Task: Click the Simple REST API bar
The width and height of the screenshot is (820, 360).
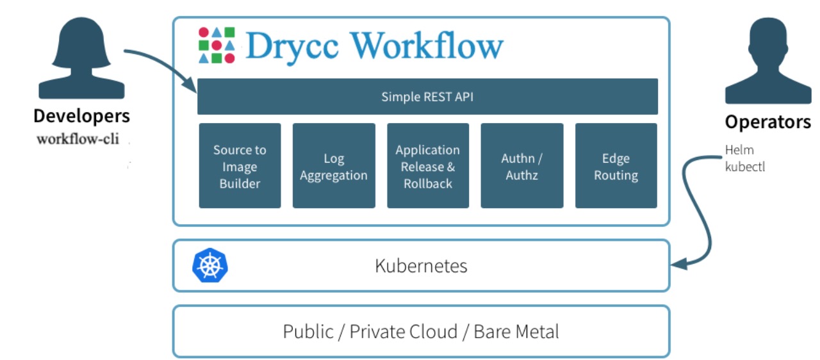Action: pos(427,97)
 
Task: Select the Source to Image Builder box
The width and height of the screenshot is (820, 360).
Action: pos(240,166)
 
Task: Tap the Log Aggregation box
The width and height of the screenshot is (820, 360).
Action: pos(334,166)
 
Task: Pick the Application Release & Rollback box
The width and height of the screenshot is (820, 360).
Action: pos(427,166)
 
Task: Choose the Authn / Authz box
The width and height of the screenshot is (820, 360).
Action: pos(521,166)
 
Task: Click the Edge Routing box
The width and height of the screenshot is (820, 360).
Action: pos(616,166)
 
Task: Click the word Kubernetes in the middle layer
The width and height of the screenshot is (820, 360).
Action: pos(421,265)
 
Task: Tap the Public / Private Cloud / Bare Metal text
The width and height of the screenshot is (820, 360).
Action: pos(421,331)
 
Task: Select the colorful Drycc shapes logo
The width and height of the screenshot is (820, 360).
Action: pos(217,45)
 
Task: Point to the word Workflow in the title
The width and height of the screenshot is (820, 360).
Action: pos(427,45)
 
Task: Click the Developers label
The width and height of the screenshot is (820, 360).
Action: pos(81,116)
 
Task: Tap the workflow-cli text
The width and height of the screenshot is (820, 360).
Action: pos(78,138)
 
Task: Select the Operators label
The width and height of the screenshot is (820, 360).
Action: pos(767,122)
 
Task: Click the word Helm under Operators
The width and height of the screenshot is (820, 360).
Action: pos(739,150)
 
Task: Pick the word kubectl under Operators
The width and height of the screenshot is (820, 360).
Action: pos(744,167)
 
